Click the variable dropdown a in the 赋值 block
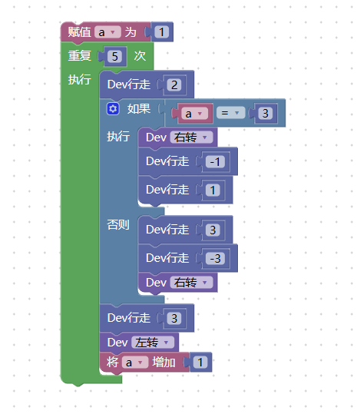tap(107, 32)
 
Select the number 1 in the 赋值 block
tap(161, 32)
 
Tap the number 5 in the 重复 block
tap(114, 56)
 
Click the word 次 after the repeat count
tap(140, 56)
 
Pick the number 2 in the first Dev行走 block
tap(174, 85)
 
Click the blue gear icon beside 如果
tap(114, 109)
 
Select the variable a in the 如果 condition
tap(194, 114)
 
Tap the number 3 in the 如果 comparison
tap(265, 114)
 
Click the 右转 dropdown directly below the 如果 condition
tap(191, 137)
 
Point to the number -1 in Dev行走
tap(215, 161)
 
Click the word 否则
tap(118, 225)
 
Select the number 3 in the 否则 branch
tap(213, 230)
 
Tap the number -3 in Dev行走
tap(215, 258)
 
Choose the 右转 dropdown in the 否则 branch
tap(191, 283)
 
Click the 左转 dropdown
tap(153, 343)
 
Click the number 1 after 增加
tap(200, 363)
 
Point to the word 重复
tap(79, 56)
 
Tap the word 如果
tap(139, 108)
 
